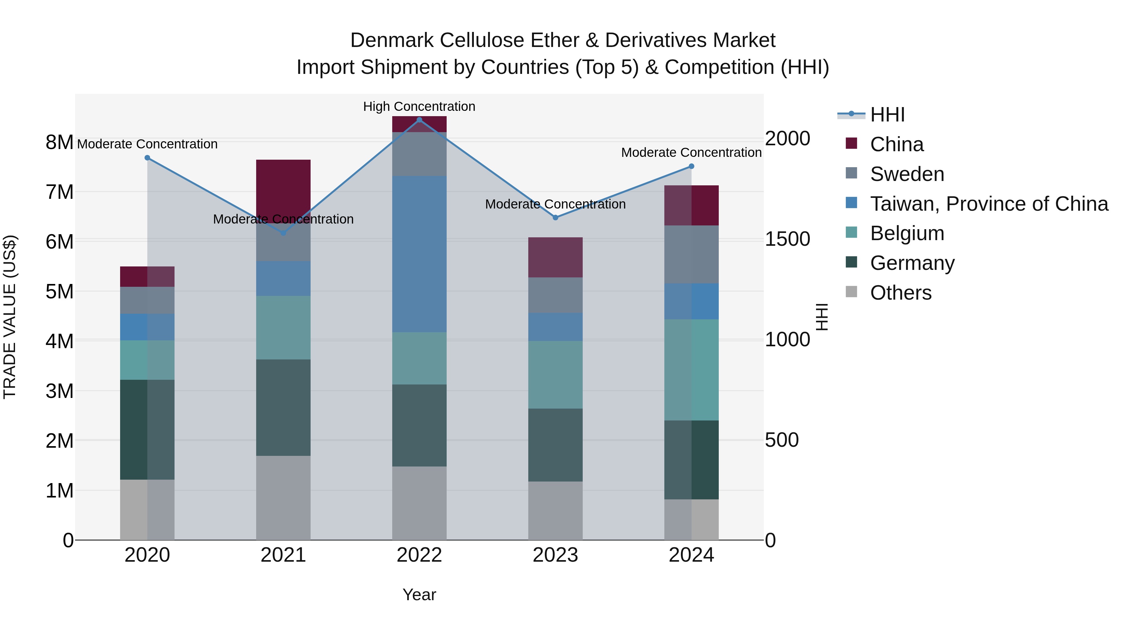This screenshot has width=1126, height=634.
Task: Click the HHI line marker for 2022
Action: click(419, 120)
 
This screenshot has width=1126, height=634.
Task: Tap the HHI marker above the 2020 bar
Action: click(147, 158)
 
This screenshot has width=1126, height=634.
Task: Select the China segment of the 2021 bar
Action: click(283, 191)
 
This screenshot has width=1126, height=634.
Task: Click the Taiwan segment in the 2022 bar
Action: click(419, 254)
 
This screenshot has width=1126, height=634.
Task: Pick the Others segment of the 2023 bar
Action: click(555, 511)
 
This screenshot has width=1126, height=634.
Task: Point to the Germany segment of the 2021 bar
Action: click(283, 407)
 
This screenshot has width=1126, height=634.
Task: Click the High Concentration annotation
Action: click(419, 106)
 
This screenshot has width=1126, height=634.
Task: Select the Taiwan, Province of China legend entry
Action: click(989, 204)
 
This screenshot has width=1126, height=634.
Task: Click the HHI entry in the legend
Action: click(887, 115)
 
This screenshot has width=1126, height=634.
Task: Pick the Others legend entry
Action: click(900, 293)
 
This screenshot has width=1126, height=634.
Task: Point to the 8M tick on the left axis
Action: click(59, 142)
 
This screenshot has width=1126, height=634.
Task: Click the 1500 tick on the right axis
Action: click(787, 239)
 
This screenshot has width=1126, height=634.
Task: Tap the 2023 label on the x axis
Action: click(555, 555)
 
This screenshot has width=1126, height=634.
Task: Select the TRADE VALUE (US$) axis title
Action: click(10, 317)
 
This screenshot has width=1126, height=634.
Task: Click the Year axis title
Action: click(419, 595)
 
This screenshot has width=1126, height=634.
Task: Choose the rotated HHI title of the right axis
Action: click(822, 317)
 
